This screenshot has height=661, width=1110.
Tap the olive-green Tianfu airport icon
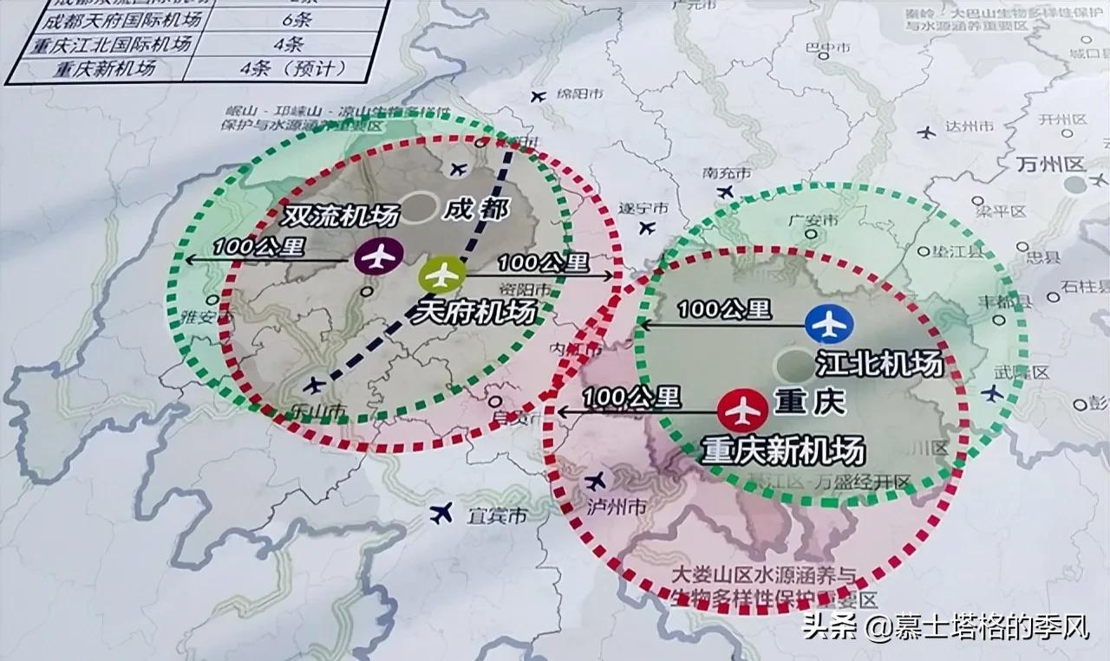pos(442,275)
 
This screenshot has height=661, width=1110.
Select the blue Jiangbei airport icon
pos(829,324)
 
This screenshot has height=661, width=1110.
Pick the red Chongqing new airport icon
pos(743,410)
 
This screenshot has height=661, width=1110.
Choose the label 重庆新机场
pos(784,451)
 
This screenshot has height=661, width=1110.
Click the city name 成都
pos(474,208)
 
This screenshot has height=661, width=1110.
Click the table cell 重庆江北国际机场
pos(97,42)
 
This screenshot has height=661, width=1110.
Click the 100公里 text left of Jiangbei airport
pos(723,308)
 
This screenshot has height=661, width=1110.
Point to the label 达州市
pos(969,126)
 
